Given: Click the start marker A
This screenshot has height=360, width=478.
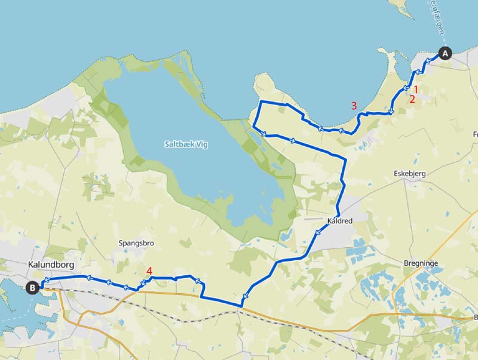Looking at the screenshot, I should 445,53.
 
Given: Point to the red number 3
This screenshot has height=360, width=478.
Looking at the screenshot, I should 354,105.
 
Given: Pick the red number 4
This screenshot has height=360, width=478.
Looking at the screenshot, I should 149,270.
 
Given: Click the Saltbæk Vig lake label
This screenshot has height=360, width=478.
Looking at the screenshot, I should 186,144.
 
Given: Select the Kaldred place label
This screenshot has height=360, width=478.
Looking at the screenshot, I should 340,221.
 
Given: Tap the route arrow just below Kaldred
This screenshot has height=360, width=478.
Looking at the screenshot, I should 317,233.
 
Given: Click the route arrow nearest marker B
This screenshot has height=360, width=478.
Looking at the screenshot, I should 46,280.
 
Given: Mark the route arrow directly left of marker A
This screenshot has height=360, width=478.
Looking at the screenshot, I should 428,61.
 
